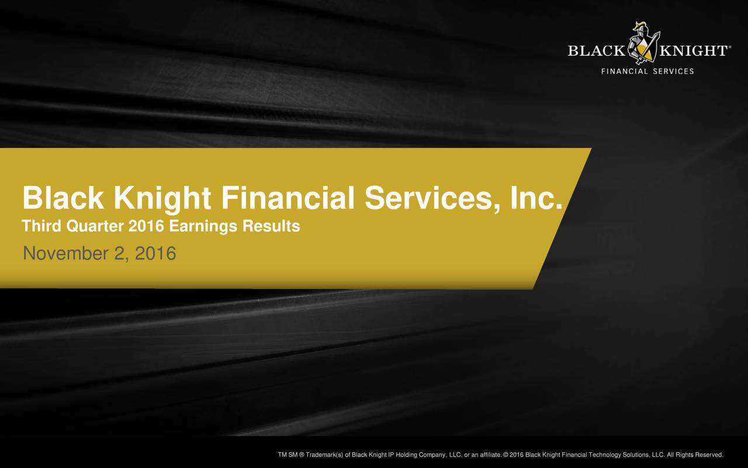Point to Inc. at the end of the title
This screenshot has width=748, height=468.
(536, 199)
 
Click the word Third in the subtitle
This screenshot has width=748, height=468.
(36, 226)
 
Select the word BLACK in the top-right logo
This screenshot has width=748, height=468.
(595, 51)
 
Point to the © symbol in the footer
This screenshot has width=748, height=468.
(505, 455)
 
